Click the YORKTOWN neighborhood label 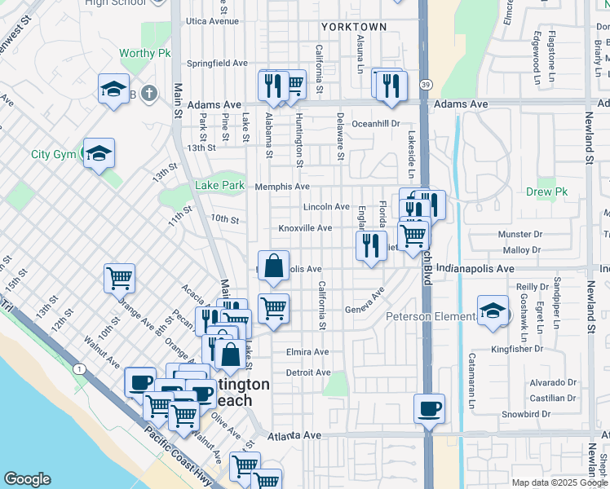[x=354, y=27]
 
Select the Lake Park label [x=219, y=186]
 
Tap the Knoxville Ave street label [x=305, y=229]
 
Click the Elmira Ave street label [x=307, y=352]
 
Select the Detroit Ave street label [x=307, y=372]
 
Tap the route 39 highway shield [x=426, y=84]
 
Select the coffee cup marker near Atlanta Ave [x=429, y=407]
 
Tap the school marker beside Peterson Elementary [x=493, y=311]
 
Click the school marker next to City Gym [x=99, y=152]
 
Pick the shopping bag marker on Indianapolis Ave [x=273, y=266]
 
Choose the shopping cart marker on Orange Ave [x=119, y=278]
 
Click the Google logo [x=27, y=479]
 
